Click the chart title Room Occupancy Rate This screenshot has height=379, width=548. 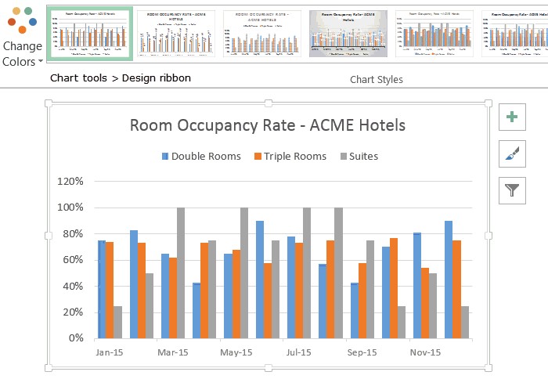[x=267, y=125]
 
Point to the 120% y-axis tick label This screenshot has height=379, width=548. [x=70, y=182]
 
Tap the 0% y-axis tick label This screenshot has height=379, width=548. [x=76, y=338]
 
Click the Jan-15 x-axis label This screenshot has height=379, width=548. [x=109, y=353]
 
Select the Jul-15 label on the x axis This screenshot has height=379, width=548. [x=297, y=353]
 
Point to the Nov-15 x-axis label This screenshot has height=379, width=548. [x=424, y=353]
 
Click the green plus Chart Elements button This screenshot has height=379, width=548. [x=512, y=117]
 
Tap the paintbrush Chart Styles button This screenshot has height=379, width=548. [x=512, y=153]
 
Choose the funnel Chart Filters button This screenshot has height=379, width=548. [x=512, y=189]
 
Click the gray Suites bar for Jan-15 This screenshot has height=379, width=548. [x=117, y=322]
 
